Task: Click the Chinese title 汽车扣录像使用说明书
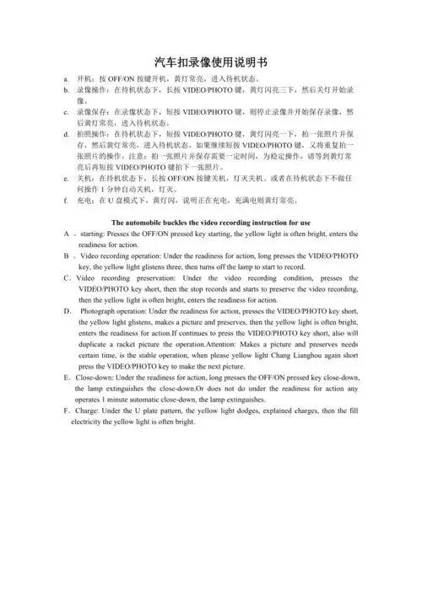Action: (x=210, y=62)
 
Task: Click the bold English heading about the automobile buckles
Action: (x=211, y=222)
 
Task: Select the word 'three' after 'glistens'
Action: (x=181, y=266)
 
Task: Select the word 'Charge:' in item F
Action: (x=88, y=411)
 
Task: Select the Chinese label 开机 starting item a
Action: (x=84, y=76)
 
